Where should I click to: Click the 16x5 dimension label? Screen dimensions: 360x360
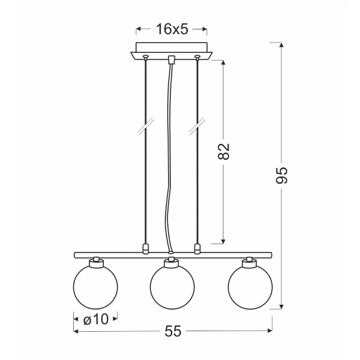coord(172,29)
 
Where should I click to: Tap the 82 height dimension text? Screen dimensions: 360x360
coord(223,151)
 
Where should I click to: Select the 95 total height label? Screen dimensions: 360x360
coord(281,175)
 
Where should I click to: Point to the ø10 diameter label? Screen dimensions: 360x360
coord(96,319)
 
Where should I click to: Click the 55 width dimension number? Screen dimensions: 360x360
coord(173,331)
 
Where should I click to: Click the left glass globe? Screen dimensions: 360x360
coord(95,287)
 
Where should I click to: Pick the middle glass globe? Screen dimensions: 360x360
coord(172,287)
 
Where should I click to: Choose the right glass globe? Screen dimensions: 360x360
coord(250,287)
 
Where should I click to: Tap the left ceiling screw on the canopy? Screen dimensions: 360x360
coord(145,56)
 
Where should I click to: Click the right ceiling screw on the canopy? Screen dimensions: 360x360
coord(197,56)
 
